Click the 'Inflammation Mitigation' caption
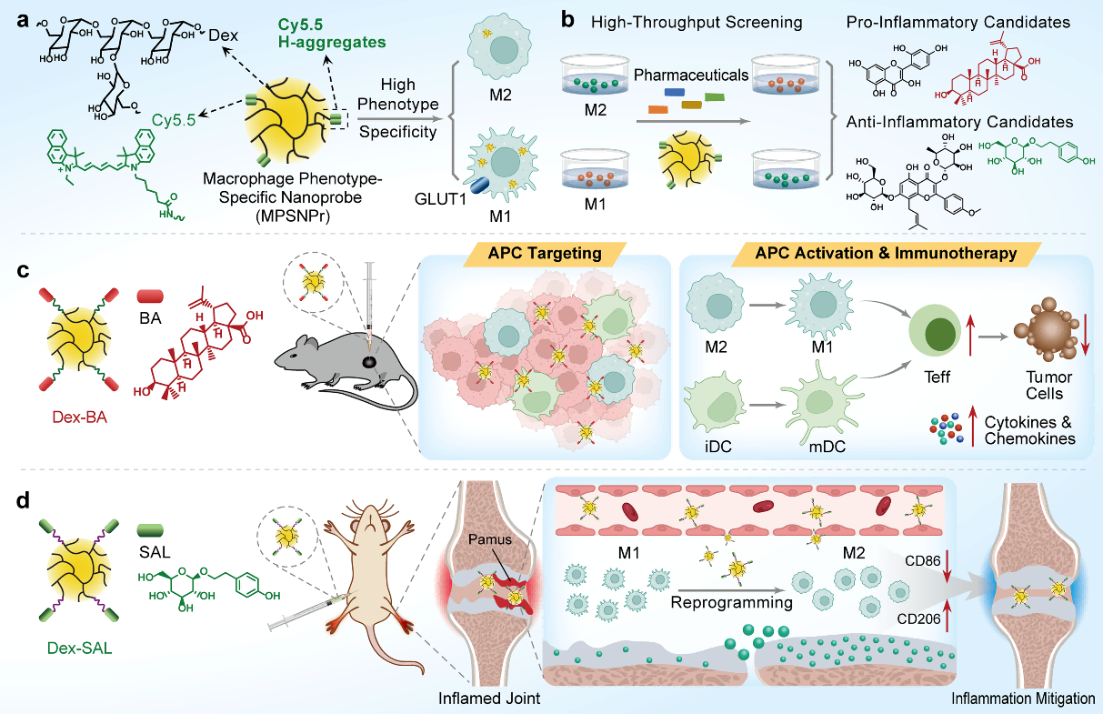pyautogui.click(x=1023, y=699)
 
